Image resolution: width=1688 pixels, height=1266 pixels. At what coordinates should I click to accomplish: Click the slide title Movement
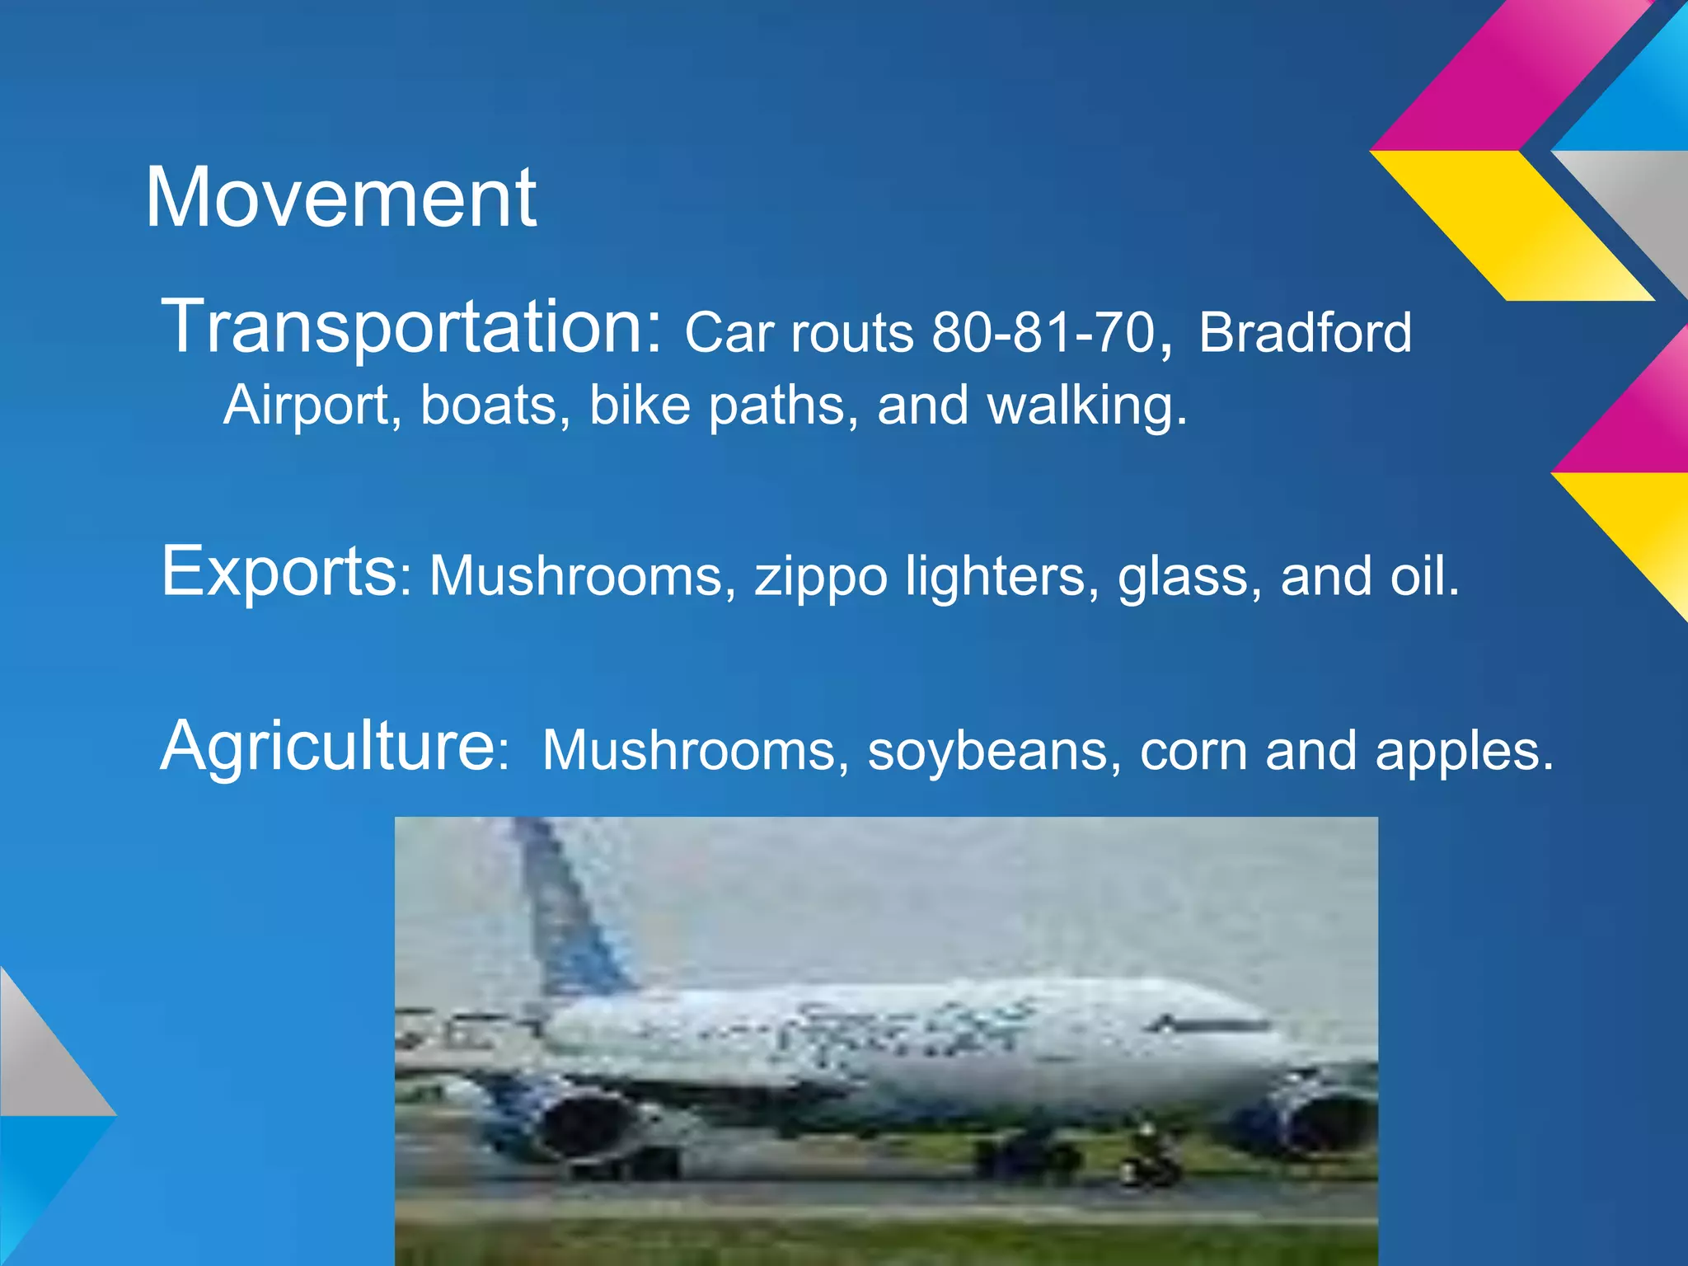click(x=340, y=199)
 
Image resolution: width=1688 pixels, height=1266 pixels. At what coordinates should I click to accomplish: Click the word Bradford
click(x=1305, y=332)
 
